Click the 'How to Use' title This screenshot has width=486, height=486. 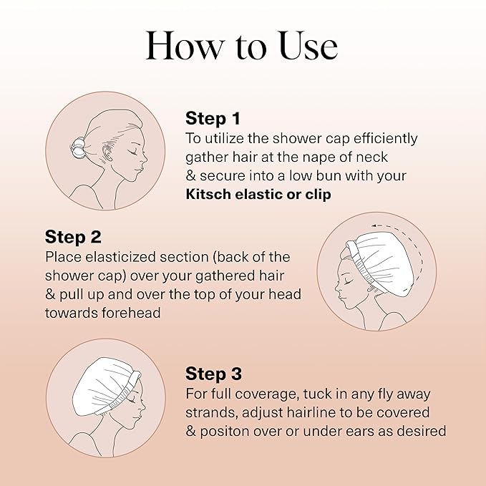pyautogui.click(x=242, y=47)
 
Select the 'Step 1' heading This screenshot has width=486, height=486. pyautogui.click(x=213, y=118)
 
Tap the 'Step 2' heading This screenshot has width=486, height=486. pyautogui.click(x=74, y=236)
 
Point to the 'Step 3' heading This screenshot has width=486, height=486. pyautogui.click(x=213, y=374)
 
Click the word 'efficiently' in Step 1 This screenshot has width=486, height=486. pyautogui.click(x=382, y=137)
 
